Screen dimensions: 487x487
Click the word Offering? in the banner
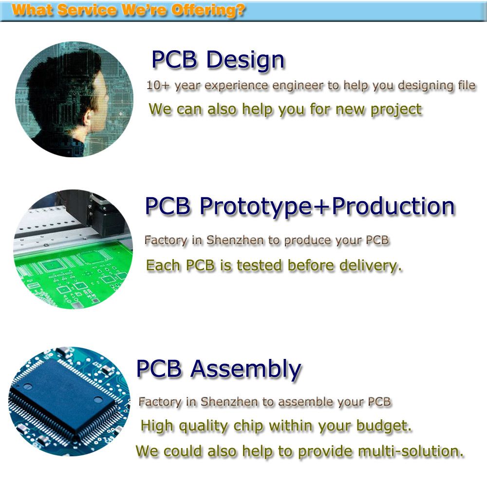pos(208,11)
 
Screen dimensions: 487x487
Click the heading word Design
pos(245,59)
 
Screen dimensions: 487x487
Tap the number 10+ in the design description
pos(157,85)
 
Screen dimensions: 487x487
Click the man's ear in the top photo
pos(88,118)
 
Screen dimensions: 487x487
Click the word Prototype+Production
pos(327,207)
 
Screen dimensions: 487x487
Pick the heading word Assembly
pos(246,369)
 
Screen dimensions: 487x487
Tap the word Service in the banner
pos(87,11)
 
